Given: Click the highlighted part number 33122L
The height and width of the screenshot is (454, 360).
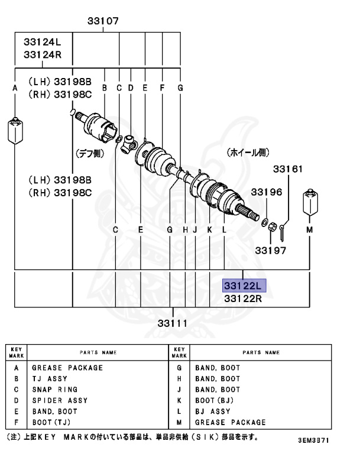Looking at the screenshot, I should tap(245, 286).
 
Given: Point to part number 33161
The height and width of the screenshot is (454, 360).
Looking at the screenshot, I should tap(287, 170).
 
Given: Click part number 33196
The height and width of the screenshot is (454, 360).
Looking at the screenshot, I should tap(267, 192).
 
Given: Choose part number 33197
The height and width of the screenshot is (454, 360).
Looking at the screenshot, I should tap(271, 250).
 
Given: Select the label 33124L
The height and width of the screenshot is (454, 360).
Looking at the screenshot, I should tap(43, 43).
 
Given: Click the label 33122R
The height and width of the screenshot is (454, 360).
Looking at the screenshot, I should tap(242, 299).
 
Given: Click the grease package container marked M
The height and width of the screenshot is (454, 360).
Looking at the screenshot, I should tap(309, 203).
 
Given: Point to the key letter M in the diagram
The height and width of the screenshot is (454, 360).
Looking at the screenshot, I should tap(309, 229).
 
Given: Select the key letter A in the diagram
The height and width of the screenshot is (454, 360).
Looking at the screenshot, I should tap(15, 88).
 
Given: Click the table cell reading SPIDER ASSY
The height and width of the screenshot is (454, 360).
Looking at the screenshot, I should tap(59, 400).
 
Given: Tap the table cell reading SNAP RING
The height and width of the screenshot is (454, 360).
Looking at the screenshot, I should tap(54, 390).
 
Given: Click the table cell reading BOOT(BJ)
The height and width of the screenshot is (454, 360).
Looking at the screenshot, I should tap(217, 400).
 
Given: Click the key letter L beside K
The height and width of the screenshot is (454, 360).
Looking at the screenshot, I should tap(224, 229).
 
